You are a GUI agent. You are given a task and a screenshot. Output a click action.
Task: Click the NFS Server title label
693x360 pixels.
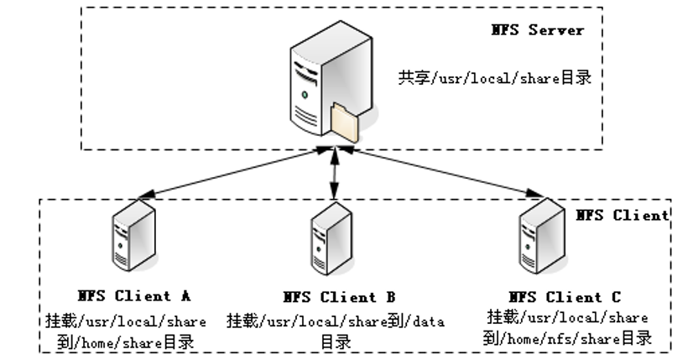[x=537, y=30]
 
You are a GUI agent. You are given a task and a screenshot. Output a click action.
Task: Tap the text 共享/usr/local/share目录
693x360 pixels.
[x=495, y=79]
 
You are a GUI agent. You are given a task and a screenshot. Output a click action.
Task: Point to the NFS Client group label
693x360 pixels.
[x=623, y=215]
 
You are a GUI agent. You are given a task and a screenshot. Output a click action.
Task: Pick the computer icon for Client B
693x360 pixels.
[x=331, y=238]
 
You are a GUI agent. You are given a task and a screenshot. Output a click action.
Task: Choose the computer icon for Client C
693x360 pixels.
[x=536, y=237]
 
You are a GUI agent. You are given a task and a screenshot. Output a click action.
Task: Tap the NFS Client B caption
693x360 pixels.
[x=338, y=297]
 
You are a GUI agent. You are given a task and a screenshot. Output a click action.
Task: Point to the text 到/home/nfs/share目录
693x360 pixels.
[x=567, y=338]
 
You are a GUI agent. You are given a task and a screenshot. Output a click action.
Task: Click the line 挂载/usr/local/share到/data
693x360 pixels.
[x=335, y=321]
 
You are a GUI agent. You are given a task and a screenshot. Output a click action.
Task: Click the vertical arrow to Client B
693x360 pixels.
[x=335, y=175]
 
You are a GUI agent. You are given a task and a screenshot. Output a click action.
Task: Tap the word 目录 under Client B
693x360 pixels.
[x=335, y=342]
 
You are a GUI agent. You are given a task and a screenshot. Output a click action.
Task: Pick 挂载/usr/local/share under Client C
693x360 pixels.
[x=567, y=318]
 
